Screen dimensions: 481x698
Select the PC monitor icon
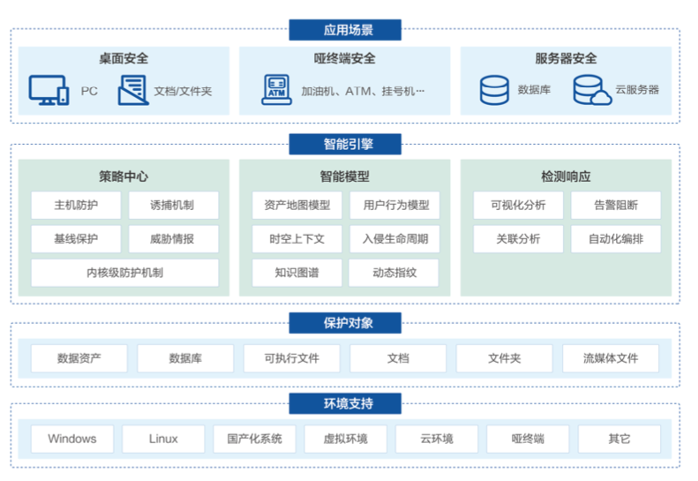(x=48, y=89)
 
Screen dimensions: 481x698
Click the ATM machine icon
(x=276, y=89)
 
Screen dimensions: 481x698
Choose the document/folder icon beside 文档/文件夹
(x=132, y=90)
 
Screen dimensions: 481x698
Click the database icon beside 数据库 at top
(x=494, y=90)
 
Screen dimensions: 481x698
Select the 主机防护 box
(x=76, y=206)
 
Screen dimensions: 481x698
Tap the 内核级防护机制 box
(x=124, y=273)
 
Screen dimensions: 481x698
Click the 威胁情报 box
(x=172, y=239)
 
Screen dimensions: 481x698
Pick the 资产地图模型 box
(x=296, y=206)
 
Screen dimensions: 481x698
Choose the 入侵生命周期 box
(x=394, y=239)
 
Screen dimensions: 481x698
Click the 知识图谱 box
(x=296, y=273)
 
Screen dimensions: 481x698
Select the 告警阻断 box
(x=615, y=206)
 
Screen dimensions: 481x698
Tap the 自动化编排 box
(x=615, y=239)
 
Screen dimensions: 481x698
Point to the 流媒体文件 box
(x=611, y=358)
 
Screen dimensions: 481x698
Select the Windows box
(x=72, y=439)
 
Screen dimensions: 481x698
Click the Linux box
(x=163, y=439)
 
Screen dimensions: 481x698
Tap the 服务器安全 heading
(x=566, y=59)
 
